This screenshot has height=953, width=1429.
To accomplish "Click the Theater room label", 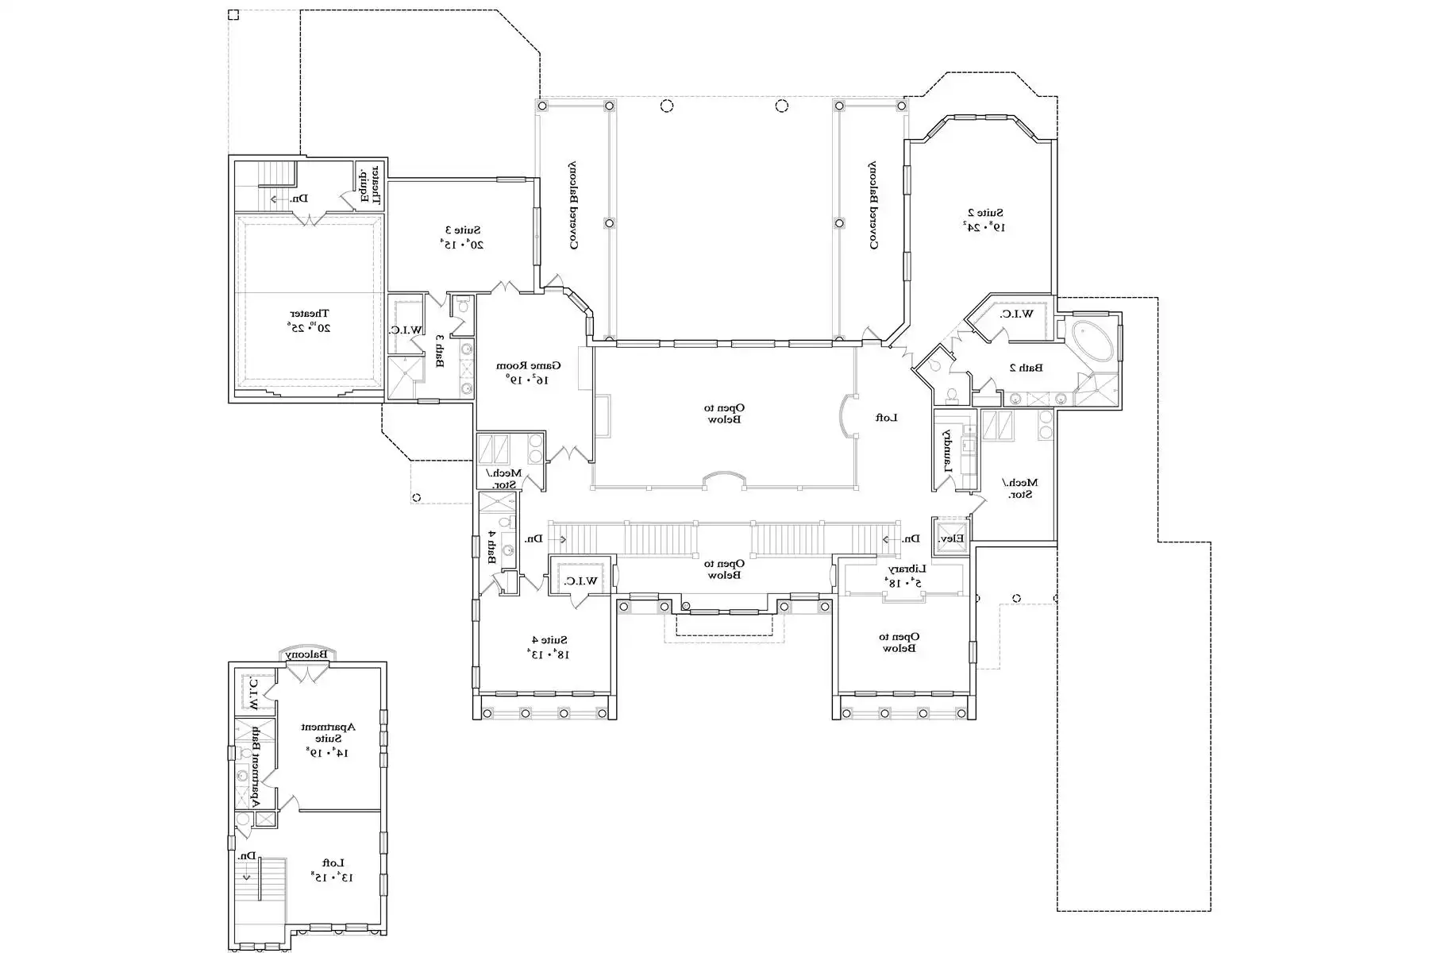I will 308,320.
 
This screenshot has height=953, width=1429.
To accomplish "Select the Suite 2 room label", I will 984,219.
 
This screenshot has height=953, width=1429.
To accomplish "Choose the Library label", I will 905,575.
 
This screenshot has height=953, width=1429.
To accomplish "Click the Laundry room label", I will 946,451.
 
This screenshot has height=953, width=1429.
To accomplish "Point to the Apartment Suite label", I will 328,739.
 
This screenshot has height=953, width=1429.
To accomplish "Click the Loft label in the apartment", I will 332,870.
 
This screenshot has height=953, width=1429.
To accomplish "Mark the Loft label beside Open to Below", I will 886,417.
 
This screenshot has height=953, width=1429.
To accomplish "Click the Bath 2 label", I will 1026,368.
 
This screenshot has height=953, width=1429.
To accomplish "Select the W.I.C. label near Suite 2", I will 1017,314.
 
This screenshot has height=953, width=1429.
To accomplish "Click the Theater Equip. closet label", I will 370,184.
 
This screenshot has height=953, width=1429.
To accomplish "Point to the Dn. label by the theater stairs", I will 299,199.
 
